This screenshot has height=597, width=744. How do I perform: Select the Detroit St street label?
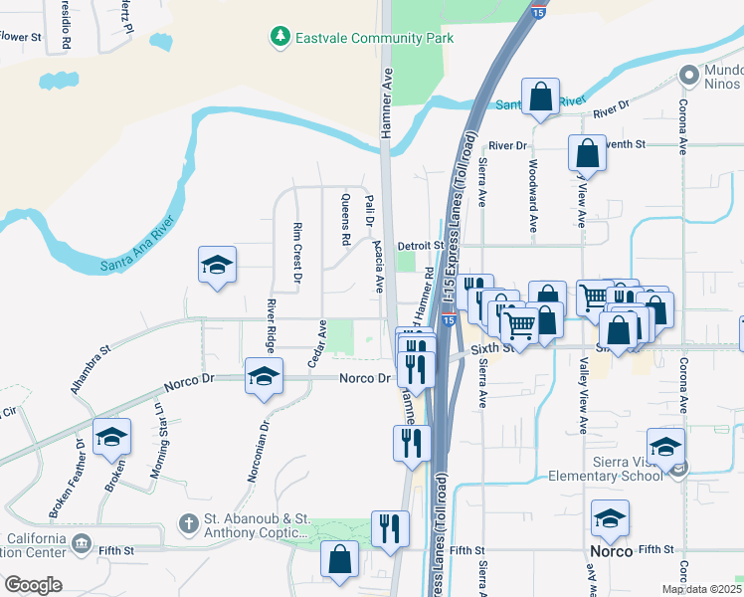pos(419,245)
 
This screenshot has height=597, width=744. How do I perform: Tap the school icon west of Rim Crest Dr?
pos(217,266)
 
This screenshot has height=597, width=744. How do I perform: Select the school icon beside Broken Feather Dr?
pos(112,437)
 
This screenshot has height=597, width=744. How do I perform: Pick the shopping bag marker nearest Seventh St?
pos(587,154)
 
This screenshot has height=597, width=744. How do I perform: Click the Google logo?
pos(33,584)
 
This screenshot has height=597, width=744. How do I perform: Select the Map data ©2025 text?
pos(701,589)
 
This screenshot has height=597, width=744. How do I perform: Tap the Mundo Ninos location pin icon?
pos(687,75)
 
